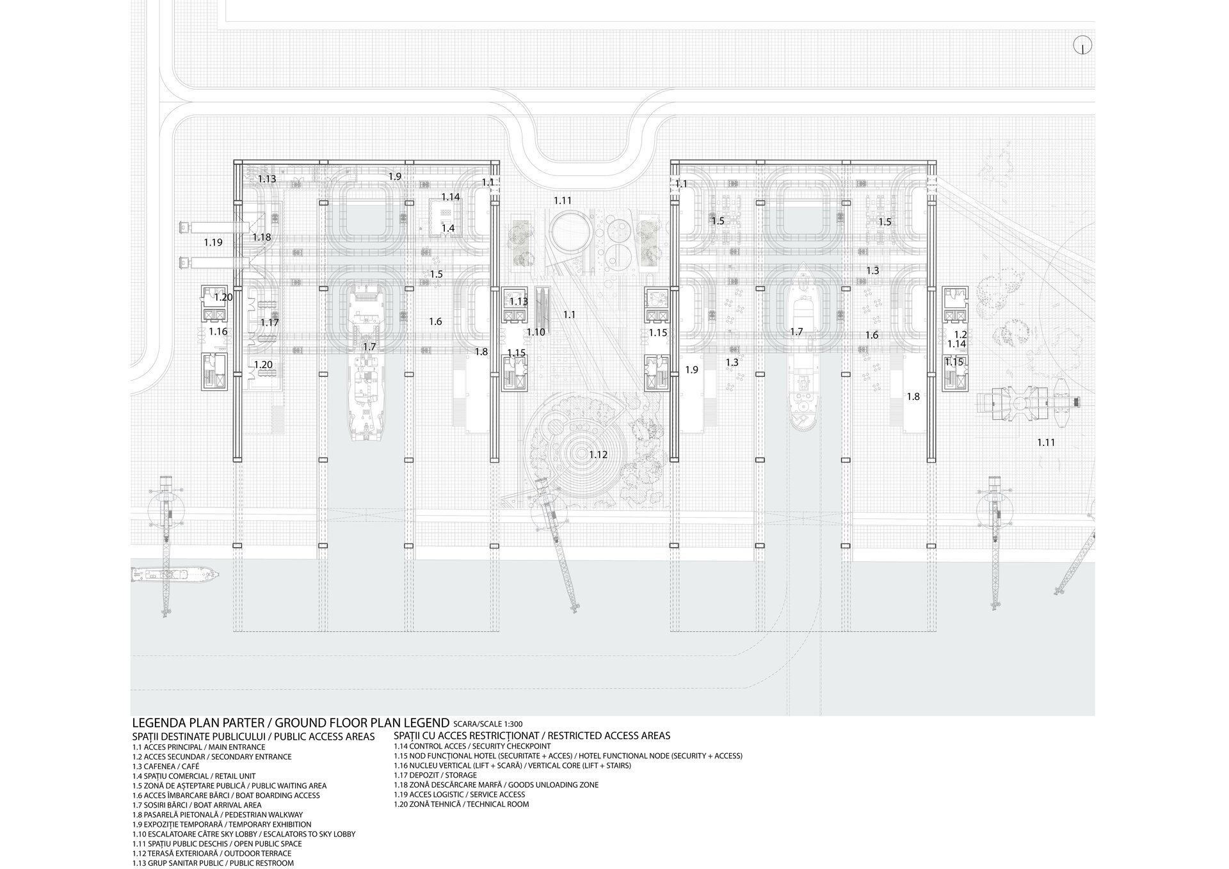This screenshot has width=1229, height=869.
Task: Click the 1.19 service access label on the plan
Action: pyautogui.click(x=213, y=243)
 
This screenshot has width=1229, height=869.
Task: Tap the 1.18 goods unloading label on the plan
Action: pyautogui.click(x=261, y=237)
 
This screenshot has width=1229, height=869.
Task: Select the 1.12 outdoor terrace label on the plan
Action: pyautogui.click(x=598, y=455)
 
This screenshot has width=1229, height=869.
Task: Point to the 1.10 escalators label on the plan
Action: pyautogui.click(x=536, y=332)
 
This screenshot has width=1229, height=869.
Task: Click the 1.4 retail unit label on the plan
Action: pyautogui.click(x=448, y=228)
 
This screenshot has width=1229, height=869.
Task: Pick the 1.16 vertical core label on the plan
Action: pyautogui.click(x=218, y=331)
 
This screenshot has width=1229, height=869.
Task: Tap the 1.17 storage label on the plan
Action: pyautogui.click(x=269, y=323)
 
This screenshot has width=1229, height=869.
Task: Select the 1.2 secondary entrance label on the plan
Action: pyautogui.click(x=960, y=335)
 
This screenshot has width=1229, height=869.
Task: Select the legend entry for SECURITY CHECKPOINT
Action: pyautogui.click(x=472, y=746)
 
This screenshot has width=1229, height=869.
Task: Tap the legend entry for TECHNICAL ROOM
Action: pyautogui.click(x=462, y=804)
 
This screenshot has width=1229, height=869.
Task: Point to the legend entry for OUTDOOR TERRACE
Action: pyautogui.click(x=212, y=854)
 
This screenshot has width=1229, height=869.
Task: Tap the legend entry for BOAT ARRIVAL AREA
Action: pyautogui.click(x=197, y=805)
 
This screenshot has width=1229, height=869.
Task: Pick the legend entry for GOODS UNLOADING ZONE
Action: pyautogui.click(x=497, y=785)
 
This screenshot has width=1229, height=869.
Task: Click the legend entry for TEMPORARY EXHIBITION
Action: pyautogui.click(x=221, y=825)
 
